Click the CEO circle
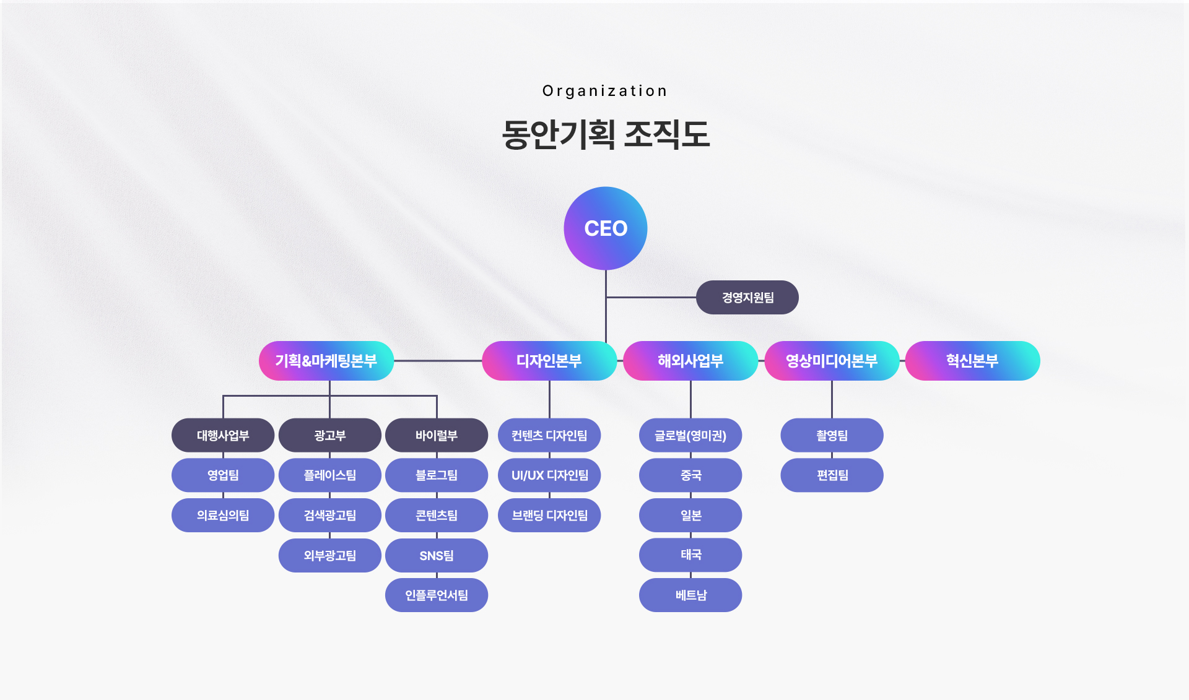(x=605, y=228)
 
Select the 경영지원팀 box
(x=747, y=298)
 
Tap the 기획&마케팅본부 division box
(x=326, y=361)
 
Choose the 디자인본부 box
(x=549, y=361)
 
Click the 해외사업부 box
(x=690, y=361)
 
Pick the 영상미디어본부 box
(x=831, y=361)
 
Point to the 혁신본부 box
(x=972, y=361)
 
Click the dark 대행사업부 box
(x=223, y=435)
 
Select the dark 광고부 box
(x=329, y=435)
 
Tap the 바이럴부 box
(x=437, y=435)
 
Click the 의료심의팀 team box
(x=223, y=515)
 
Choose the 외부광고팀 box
(x=329, y=555)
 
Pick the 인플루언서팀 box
(x=437, y=595)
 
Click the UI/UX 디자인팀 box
(x=549, y=475)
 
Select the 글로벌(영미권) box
(x=690, y=435)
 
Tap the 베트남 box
(x=690, y=595)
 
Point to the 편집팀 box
(x=832, y=475)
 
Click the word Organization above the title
(x=605, y=91)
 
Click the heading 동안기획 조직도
(x=605, y=134)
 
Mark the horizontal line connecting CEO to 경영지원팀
(x=650, y=297)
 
